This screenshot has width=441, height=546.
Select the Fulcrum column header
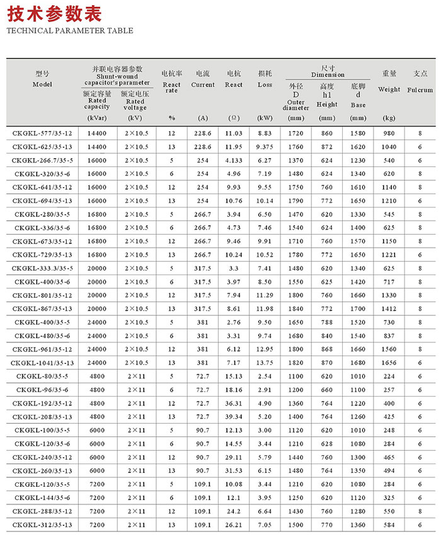pos(420,82)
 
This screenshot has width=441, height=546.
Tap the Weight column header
pos(389,81)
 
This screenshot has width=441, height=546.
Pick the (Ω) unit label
pos(233,118)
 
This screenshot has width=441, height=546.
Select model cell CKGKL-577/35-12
pos(43,133)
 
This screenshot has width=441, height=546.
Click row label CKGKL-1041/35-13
pos(43,363)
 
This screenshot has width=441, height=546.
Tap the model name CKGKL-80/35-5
pos(43,376)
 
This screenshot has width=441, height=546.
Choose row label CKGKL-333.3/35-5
pos(43,268)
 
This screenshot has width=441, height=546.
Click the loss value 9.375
pos(265,147)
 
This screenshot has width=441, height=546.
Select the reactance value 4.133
pos(234,160)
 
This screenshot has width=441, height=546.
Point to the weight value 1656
pos(389,363)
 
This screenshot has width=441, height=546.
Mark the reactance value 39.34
pos(234,417)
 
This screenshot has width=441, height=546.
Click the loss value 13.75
pos(265,363)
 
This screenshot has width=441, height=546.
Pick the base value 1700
pos(358,308)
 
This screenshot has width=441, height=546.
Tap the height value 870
pos(327,363)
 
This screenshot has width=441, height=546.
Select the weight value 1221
pos(389,255)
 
